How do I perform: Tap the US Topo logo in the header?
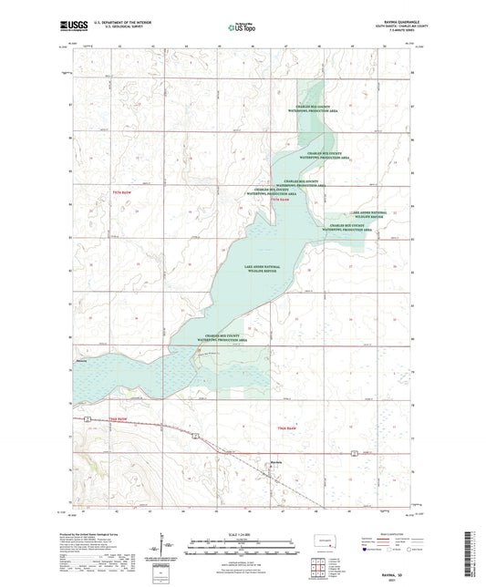[x=243, y=28]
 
